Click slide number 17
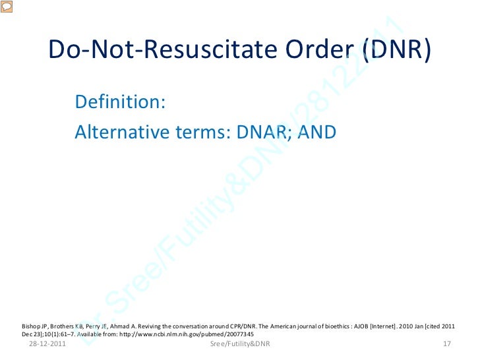pos(446,344)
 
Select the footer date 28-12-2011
pos(47,344)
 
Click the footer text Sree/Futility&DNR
pos(240,344)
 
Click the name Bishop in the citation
pos(32,325)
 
